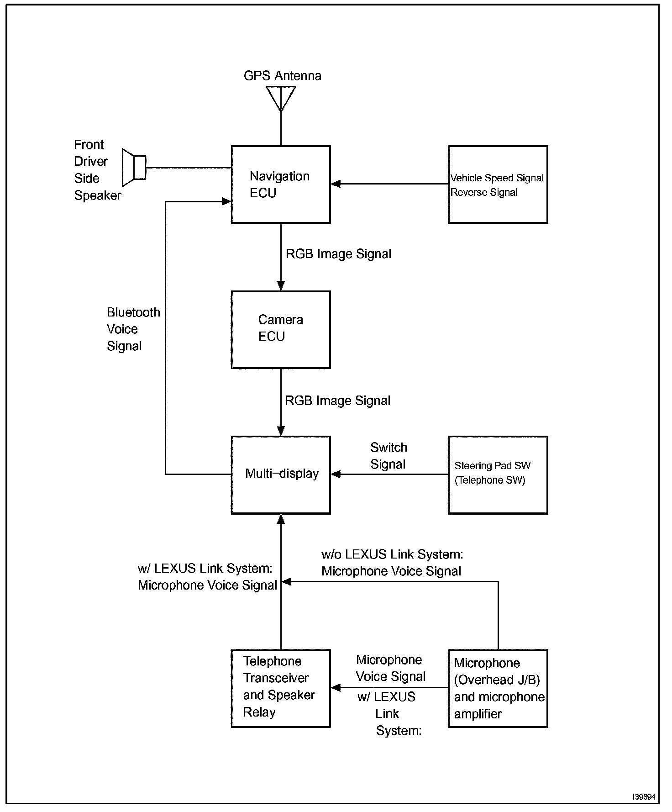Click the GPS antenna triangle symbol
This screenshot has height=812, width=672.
click(x=281, y=99)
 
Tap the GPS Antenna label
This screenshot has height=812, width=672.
click(x=283, y=76)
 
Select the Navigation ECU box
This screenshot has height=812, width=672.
click(x=281, y=185)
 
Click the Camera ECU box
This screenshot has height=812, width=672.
click(x=281, y=330)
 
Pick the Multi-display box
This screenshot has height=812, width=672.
click(x=281, y=475)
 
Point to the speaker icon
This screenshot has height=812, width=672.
click(x=134, y=168)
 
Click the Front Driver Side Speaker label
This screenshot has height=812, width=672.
click(x=97, y=170)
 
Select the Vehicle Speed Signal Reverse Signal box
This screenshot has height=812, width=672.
click(x=498, y=185)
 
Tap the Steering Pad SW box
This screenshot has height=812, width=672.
click(x=498, y=475)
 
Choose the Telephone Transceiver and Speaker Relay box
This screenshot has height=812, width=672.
click(x=281, y=688)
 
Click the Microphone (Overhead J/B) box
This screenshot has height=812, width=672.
click(x=498, y=688)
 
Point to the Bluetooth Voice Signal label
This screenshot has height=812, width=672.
click(x=133, y=329)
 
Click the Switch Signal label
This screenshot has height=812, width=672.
click(x=388, y=456)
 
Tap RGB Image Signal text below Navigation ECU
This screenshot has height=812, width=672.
click(x=338, y=254)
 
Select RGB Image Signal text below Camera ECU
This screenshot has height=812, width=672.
click(x=337, y=401)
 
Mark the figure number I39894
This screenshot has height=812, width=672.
click(x=644, y=797)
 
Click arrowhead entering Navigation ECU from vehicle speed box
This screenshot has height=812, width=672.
click(x=336, y=184)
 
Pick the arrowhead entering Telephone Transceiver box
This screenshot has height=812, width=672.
click(x=336, y=688)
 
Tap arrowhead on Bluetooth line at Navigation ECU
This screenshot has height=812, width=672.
click(x=226, y=201)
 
